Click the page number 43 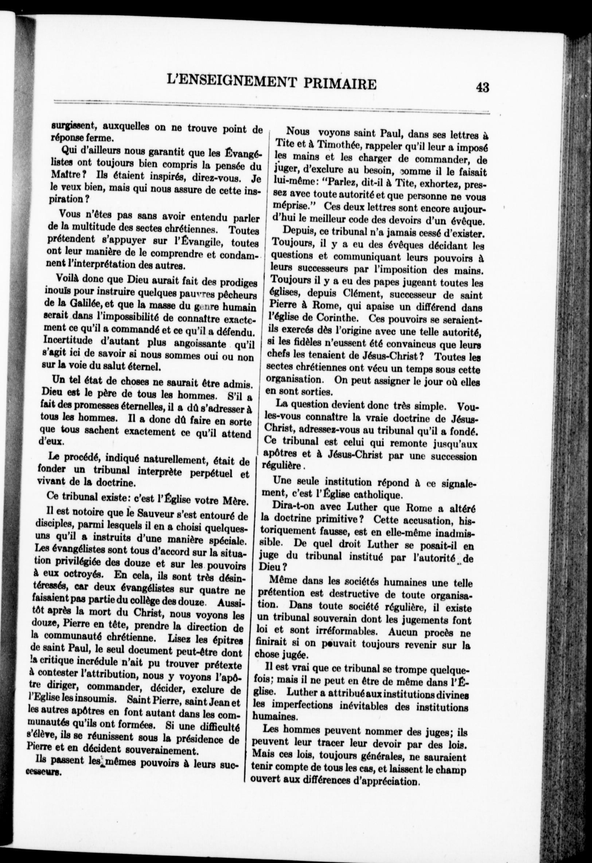[482, 87]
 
